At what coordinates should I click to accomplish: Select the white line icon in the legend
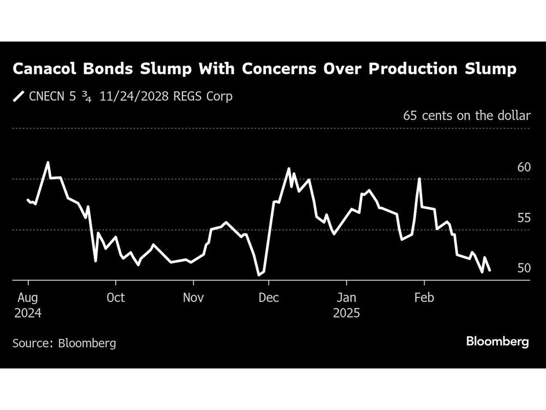pyautogui.click(x=19, y=97)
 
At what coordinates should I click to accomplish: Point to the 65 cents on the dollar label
pyautogui.click(x=467, y=115)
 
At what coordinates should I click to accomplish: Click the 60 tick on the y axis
pyautogui.click(x=524, y=167)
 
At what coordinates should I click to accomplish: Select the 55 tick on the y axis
pyautogui.click(x=524, y=218)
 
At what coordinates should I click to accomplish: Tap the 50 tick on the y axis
pyautogui.click(x=524, y=268)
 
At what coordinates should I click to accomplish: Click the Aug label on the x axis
pyautogui.click(x=28, y=298)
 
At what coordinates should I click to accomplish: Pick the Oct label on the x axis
pyautogui.click(x=115, y=298)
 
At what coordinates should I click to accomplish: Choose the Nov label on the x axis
pyautogui.click(x=193, y=298)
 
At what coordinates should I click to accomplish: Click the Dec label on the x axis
pyautogui.click(x=269, y=298)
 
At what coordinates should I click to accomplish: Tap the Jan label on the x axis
pyautogui.click(x=346, y=298)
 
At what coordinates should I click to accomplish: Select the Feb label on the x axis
pyautogui.click(x=424, y=298)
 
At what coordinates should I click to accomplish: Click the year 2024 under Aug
pyautogui.click(x=28, y=314)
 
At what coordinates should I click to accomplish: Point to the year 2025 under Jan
pyautogui.click(x=346, y=314)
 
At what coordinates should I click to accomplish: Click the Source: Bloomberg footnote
pyautogui.click(x=64, y=343)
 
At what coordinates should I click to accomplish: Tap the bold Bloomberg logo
pyautogui.click(x=497, y=342)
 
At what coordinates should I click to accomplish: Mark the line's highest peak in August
pyautogui.click(x=48, y=162)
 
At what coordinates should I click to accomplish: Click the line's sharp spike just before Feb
pyautogui.click(x=419, y=179)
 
